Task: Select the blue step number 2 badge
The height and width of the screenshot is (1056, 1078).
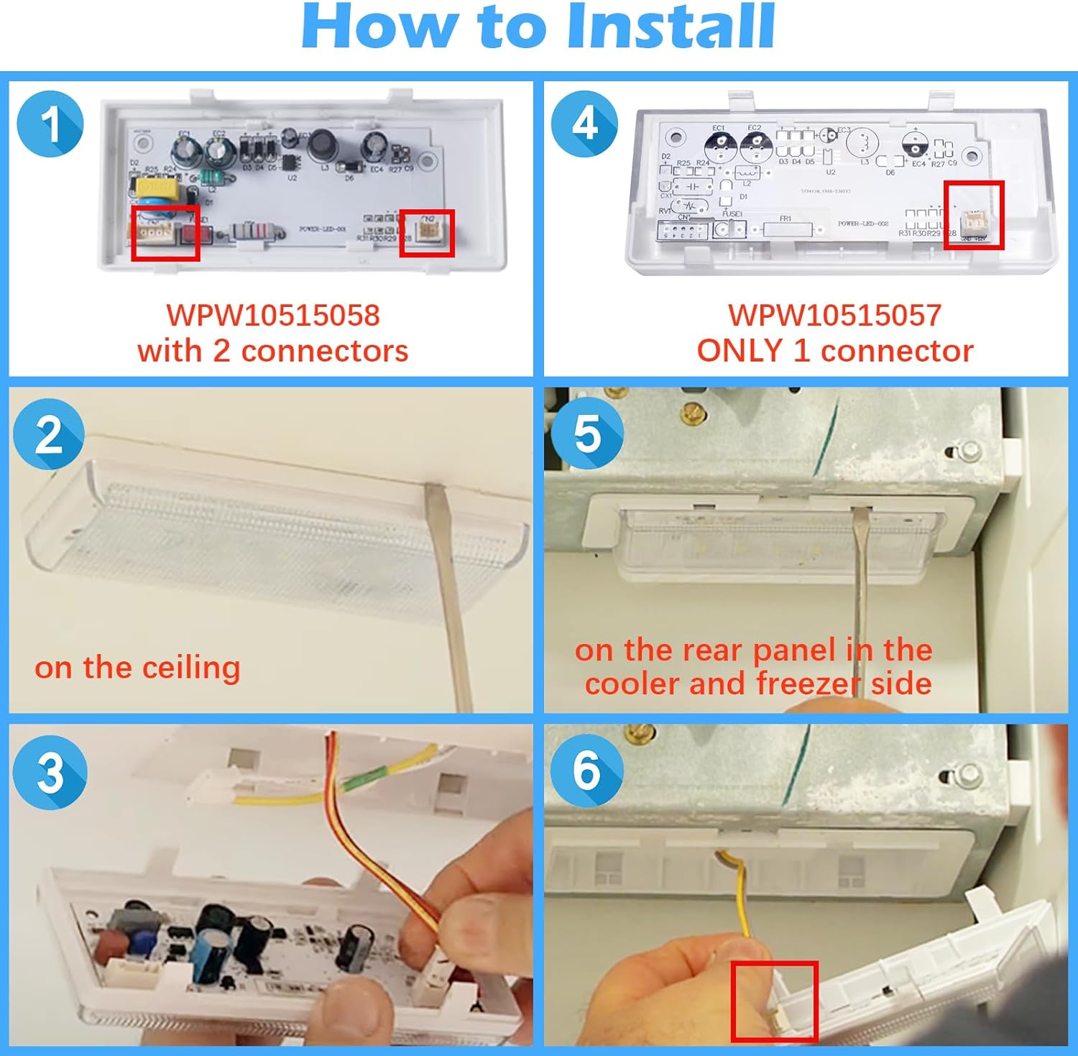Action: click(49, 435)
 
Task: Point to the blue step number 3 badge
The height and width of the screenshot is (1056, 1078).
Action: click(50, 773)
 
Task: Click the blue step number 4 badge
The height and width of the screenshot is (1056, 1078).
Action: click(584, 124)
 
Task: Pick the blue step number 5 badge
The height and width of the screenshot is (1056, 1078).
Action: click(587, 433)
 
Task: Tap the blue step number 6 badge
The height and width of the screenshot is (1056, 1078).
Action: click(586, 771)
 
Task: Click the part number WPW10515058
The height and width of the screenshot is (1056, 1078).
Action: click(272, 316)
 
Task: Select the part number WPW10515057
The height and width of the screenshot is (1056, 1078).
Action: click(834, 316)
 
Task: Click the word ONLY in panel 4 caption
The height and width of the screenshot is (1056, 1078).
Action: click(740, 352)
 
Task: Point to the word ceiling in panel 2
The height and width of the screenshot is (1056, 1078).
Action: click(191, 669)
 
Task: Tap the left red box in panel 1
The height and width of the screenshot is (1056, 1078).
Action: click(165, 233)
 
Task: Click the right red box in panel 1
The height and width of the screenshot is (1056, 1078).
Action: click(427, 233)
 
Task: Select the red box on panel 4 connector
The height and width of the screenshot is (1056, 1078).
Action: click(974, 216)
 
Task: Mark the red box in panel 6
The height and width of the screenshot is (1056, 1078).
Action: click(774, 1001)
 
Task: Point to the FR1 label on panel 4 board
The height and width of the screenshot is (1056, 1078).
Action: click(785, 219)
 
